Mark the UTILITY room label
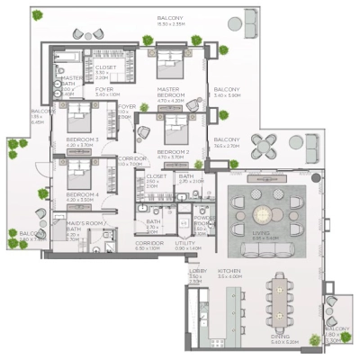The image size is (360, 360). pyautogui.click(x=185, y=243)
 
